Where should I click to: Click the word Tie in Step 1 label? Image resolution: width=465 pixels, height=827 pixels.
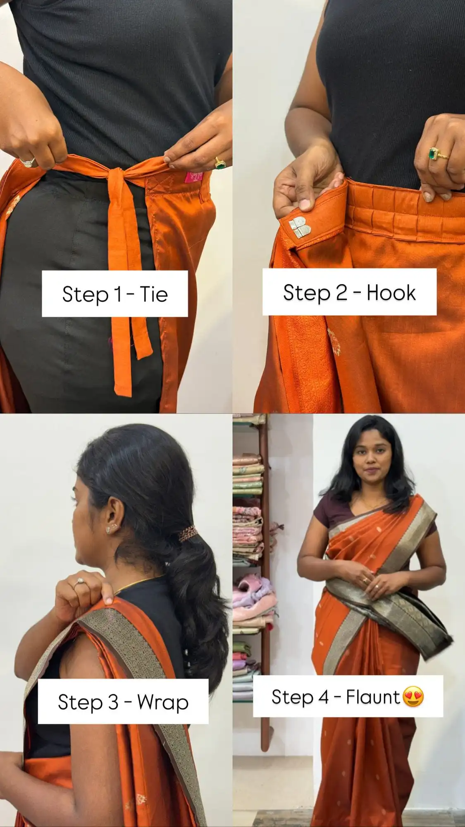[154, 294]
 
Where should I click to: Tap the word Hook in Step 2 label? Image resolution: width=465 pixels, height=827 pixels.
[391, 293]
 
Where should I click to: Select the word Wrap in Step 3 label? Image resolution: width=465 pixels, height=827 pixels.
[163, 703]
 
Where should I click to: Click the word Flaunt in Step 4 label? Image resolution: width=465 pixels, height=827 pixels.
[373, 697]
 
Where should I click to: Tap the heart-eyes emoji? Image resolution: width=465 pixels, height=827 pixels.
[413, 697]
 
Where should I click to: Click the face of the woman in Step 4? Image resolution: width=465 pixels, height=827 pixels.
[371, 461]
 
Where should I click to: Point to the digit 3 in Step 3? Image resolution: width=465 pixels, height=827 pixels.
[113, 702]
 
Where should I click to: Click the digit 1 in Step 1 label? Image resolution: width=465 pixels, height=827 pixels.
[118, 294]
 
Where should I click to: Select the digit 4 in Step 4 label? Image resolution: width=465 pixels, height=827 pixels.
[323, 697]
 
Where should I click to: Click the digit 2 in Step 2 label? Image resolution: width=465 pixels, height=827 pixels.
[341, 293]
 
